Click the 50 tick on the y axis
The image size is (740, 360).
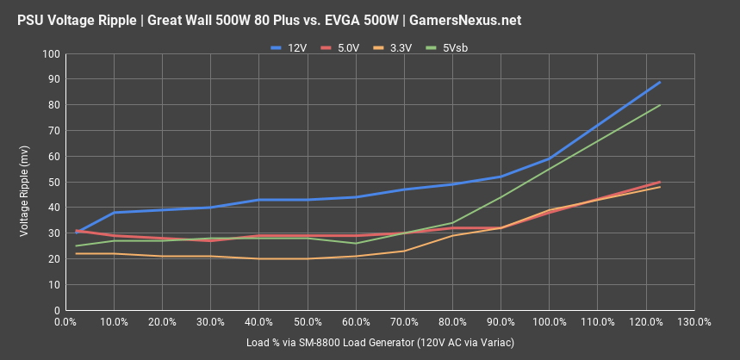53,182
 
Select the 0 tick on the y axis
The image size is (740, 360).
56,310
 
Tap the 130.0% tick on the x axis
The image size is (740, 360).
694,322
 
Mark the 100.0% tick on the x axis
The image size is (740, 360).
549,322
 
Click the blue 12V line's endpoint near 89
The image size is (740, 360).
660,82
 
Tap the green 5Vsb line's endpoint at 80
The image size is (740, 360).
660,105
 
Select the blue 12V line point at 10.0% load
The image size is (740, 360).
113,213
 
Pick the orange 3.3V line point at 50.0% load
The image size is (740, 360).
307,258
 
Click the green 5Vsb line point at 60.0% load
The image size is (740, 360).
355,243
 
